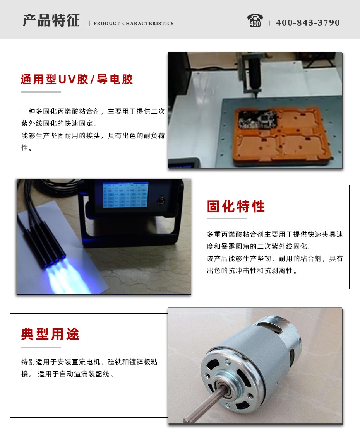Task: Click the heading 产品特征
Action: point(51,20)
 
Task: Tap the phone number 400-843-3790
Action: point(308,22)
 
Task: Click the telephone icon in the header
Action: point(255,20)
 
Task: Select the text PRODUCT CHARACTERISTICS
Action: point(134,24)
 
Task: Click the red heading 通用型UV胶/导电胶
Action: point(77,79)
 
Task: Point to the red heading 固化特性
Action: point(236,207)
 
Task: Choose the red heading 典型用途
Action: point(50,334)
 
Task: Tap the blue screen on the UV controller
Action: point(125,195)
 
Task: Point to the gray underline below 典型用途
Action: point(41,348)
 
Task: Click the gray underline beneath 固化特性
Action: point(227,218)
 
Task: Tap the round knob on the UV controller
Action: point(161,201)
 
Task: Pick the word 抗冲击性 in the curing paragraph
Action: point(243,271)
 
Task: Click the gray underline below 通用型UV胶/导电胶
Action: point(41,92)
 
